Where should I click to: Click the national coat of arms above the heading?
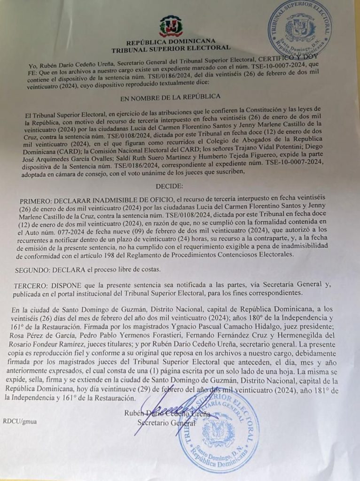(x=171, y=26)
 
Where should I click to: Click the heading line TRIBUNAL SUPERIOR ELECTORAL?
(x=171, y=48)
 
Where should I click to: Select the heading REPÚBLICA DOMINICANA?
(x=171, y=41)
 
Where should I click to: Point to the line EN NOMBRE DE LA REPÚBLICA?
(x=171, y=97)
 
